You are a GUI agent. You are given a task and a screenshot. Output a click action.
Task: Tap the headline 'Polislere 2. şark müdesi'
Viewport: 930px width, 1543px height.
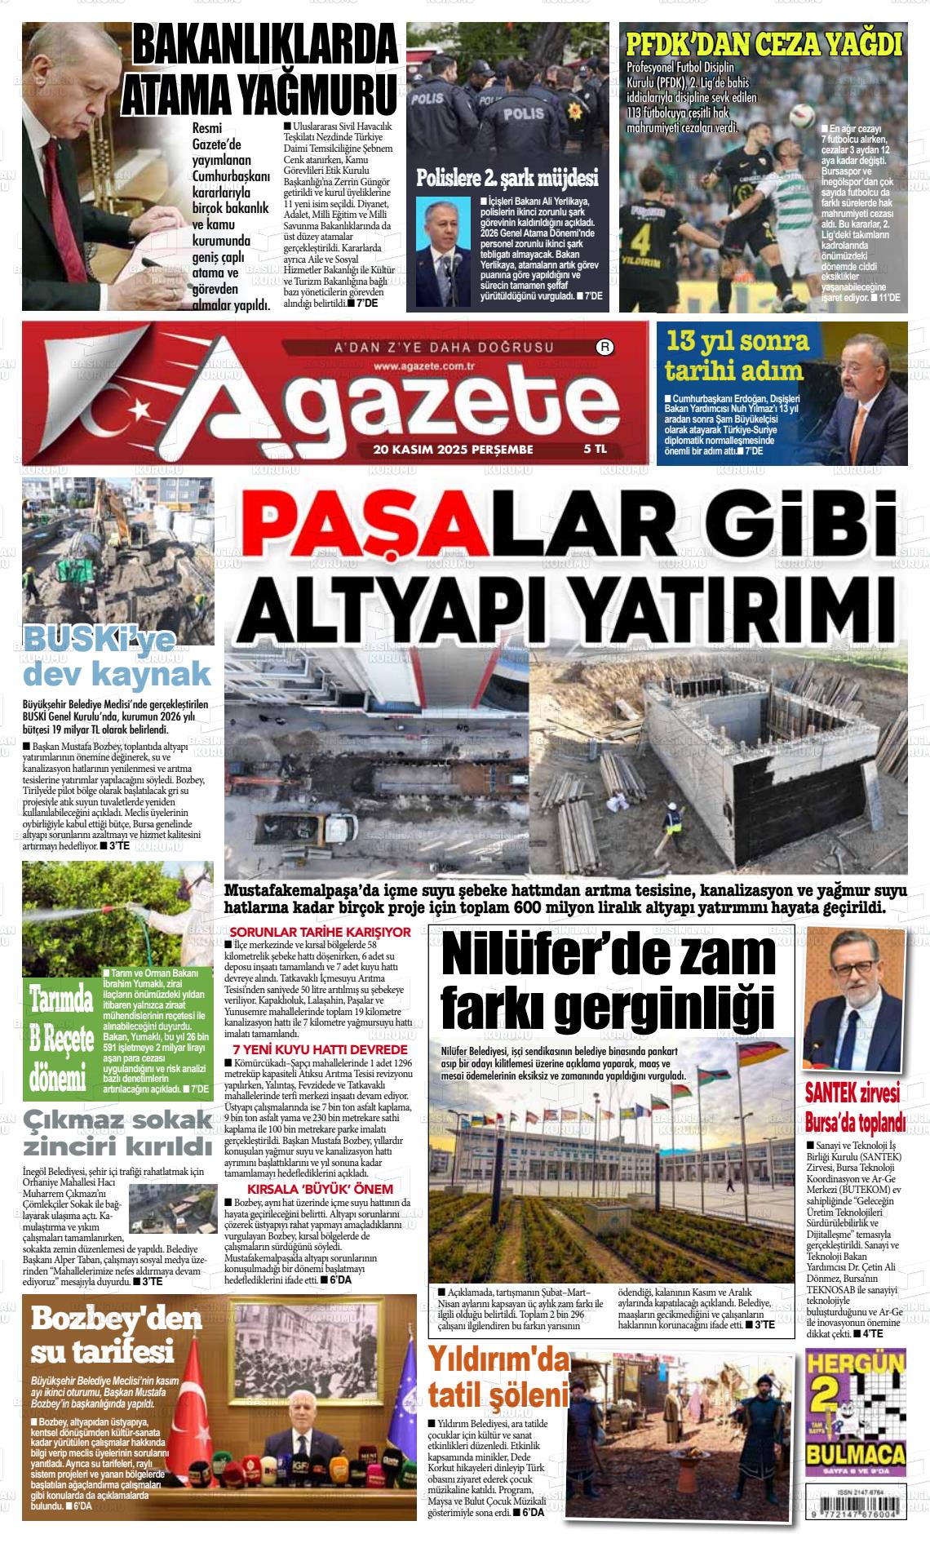pos(507,178)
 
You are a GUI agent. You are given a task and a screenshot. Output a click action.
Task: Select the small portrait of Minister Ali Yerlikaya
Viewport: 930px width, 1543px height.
pos(444,251)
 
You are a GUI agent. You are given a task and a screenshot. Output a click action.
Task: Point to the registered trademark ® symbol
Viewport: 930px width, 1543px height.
pos(605,348)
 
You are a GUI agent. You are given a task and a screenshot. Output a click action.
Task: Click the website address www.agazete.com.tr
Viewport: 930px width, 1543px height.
pos(427,366)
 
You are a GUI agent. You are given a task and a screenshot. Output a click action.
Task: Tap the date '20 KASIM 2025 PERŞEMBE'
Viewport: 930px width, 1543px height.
pos(453,450)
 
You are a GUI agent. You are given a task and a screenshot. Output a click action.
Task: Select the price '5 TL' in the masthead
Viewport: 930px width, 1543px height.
pos(596,450)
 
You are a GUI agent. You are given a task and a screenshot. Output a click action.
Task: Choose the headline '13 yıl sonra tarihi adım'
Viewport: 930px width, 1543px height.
pos(737,356)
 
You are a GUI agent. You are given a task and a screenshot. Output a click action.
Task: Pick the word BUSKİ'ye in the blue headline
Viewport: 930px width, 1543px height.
pos(94,641)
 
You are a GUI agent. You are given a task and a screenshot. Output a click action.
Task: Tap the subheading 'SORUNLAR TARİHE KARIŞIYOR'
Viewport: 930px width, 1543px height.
pos(321,931)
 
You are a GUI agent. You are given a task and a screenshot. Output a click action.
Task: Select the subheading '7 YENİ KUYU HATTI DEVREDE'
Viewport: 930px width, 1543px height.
pos(320,1049)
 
